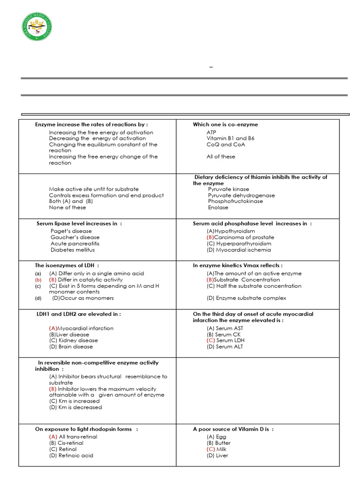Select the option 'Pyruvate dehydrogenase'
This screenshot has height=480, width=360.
(x=241, y=195)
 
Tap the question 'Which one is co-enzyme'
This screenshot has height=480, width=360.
(x=225, y=125)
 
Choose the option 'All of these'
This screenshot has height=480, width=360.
(x=221, y=157)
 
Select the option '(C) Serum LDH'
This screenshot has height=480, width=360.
(x=225, y=340)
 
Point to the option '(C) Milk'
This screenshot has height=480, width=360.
(x=216, y=449)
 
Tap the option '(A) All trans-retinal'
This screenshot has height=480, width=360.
(x=73, y=437)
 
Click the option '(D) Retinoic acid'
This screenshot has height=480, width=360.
(x=71, y=455)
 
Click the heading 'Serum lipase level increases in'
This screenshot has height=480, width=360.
(x=79, y=224)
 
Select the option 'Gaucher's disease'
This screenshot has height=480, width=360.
(x=75, y=237)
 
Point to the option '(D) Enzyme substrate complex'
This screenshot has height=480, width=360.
(x=246, y=298)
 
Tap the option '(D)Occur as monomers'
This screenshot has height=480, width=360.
(x=83, y=298)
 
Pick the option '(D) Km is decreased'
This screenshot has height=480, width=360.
(x=75, y=407)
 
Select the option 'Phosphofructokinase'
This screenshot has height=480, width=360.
(x=235, y=201)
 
